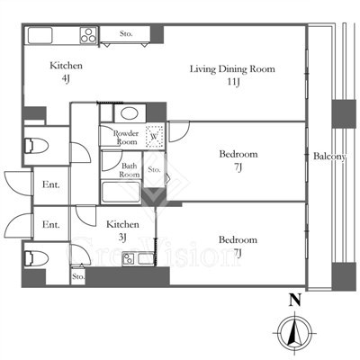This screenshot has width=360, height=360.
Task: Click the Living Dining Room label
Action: (232, 69)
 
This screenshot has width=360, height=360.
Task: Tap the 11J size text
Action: (233, 82)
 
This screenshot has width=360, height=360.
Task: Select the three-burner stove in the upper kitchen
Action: (89, 35)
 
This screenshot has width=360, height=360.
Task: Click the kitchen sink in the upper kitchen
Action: (40, 35)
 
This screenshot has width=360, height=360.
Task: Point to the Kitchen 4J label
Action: (66, 71)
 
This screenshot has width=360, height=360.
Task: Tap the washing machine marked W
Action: (155, 137)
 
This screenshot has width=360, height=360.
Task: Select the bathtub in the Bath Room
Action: (121, 193)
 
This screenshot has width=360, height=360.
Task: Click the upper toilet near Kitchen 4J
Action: (36, 146)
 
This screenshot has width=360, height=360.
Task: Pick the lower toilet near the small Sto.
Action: (36, 258)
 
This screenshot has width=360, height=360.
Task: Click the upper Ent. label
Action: (51, 184)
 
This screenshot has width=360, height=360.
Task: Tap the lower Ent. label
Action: (51, 224)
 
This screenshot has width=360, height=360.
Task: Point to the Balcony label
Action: (329, 157)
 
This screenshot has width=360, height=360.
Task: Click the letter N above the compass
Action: (295, 300)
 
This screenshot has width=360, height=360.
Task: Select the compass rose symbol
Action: (295, 334)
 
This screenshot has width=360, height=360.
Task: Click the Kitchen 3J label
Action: (122, 230)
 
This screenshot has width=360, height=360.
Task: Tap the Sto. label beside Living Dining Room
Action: (126, 33)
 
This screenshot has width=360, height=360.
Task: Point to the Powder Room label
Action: (126, 138)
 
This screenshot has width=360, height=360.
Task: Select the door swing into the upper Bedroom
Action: (179, 131)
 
